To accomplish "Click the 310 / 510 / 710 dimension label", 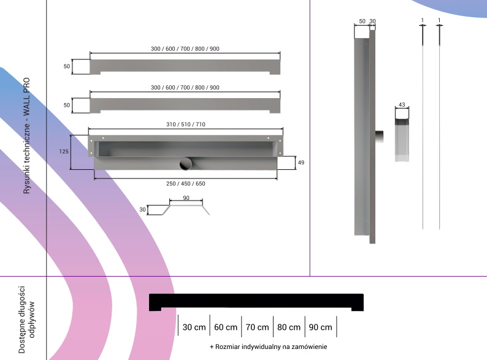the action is click(186, 124).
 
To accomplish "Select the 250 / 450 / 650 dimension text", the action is click(186, 183).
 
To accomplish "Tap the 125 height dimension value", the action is click(64, 151).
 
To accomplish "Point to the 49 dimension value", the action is click(301, 163).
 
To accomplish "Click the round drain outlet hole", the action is click(186, 164).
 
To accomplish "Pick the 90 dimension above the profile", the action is click(186, 198).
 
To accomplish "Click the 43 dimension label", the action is click(402, 105).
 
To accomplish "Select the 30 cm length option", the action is click(194, 327).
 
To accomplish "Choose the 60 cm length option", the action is click(226, 327).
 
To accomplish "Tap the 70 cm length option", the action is click(258, 327).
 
